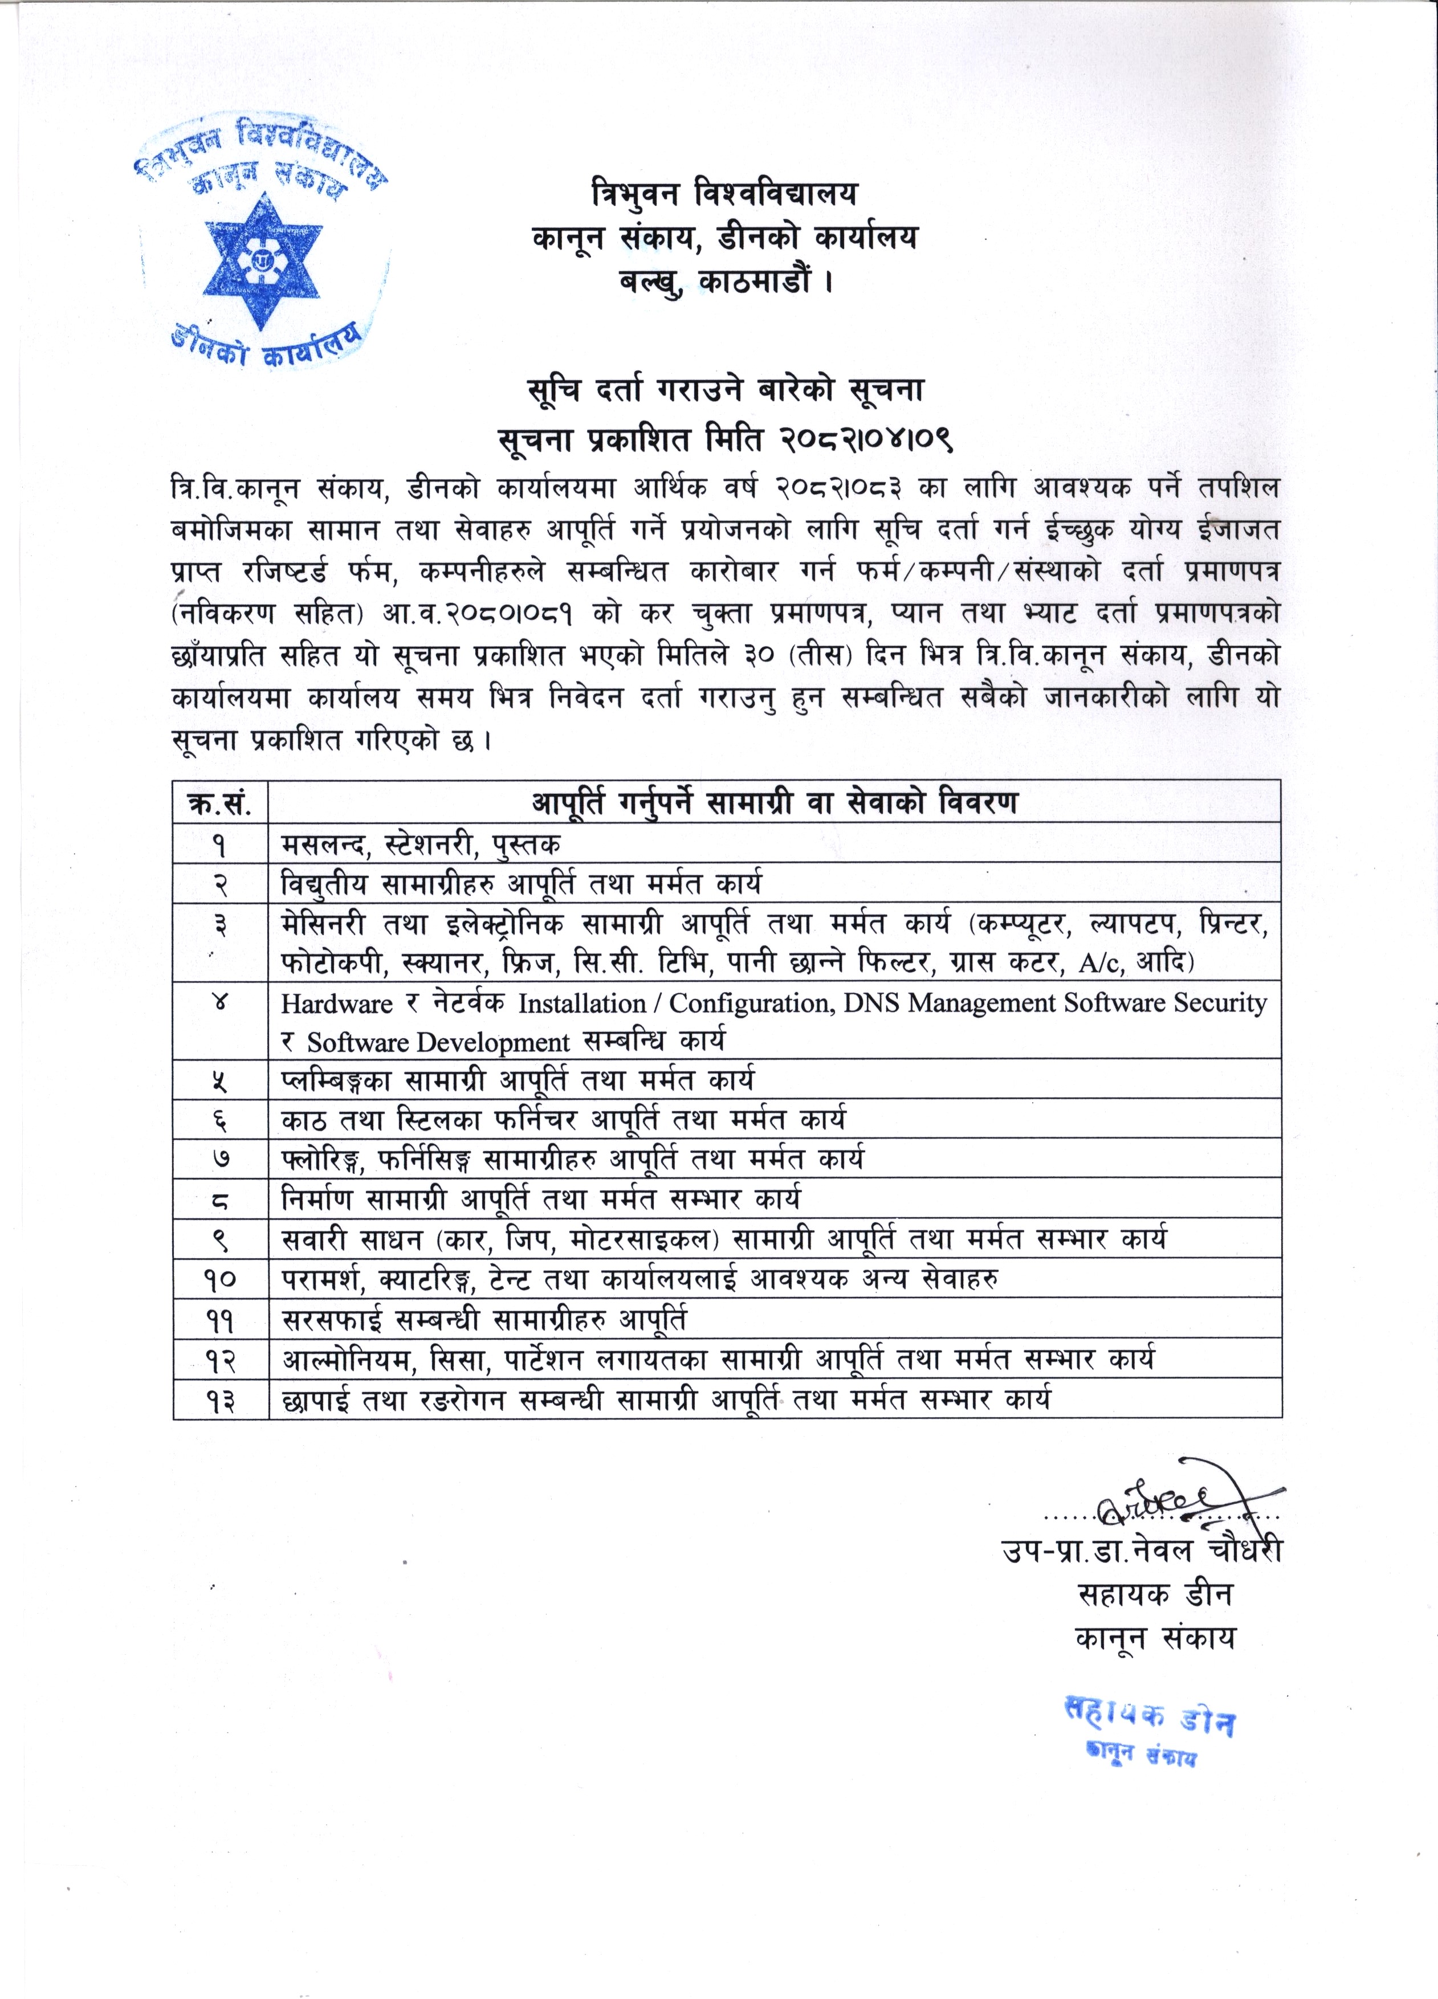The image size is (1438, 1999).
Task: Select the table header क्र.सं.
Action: point(221,803)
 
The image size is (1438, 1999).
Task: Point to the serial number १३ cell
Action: point(221,1399)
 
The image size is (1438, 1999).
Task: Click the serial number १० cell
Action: point(221,1279)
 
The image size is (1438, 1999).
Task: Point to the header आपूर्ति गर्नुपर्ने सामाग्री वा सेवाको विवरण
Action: point(774,803)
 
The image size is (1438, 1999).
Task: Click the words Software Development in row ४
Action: point(438,1043)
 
